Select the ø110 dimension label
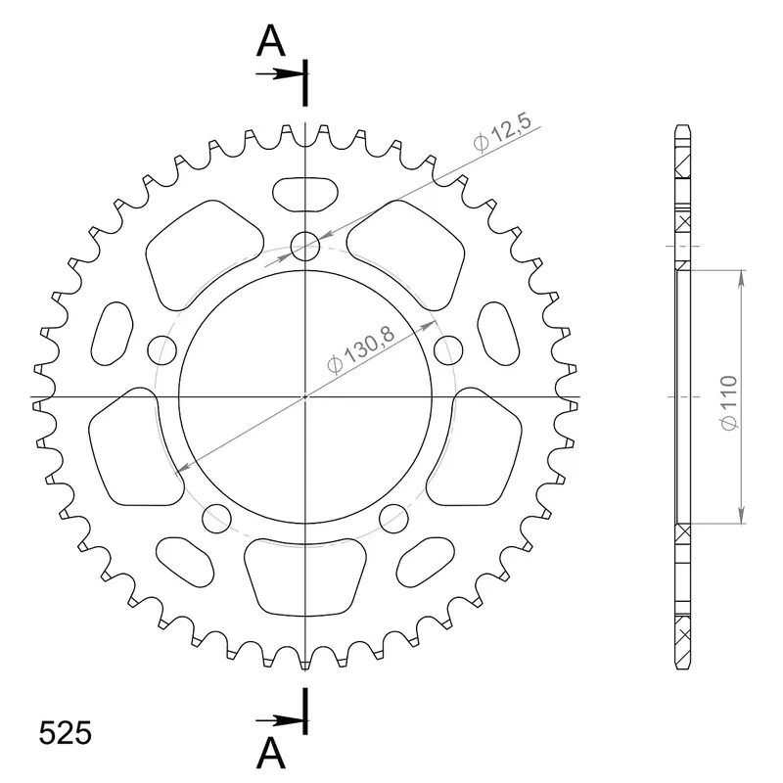coord(728,402)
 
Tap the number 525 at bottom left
coord(66,733)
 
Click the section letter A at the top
coord(271,40)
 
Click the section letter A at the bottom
coord(271,753)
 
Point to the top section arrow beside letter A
coord(280,74)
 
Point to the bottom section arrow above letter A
coord(280,720)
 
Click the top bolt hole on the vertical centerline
coord(305,247)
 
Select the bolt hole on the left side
coord(162,350)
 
